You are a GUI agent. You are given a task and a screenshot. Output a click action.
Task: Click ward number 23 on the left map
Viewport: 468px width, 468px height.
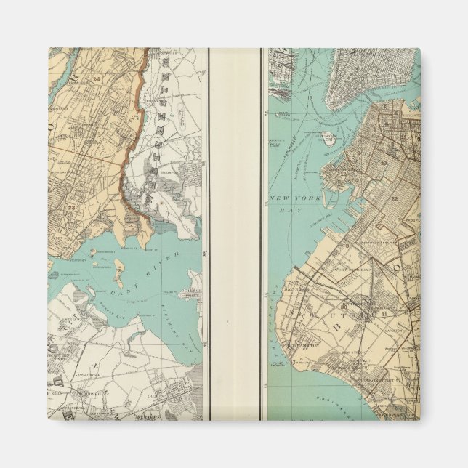(73, 205)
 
